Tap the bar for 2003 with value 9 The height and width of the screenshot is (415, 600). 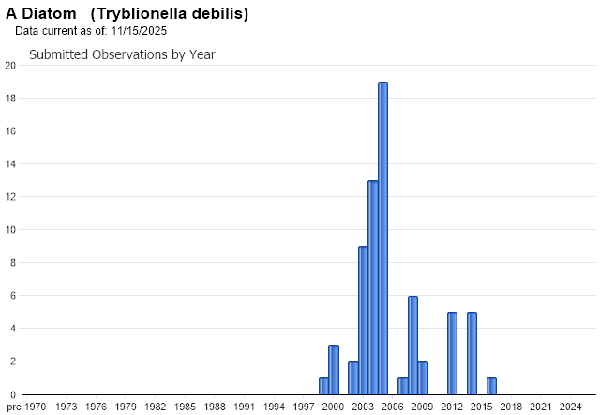[363, 319]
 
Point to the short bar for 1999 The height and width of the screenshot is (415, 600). [323, 386]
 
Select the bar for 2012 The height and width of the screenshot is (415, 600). [452, 353]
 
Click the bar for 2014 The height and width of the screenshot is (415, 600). [472, 353]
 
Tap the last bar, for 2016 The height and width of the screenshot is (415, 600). [491, 386]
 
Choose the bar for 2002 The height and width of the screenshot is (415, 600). [353, 377]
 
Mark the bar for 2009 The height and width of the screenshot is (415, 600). [423, 377]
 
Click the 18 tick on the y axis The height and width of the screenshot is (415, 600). [9, 99]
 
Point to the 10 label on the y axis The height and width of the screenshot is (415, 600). [9, 230]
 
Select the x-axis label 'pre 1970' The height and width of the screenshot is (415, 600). [26, 407]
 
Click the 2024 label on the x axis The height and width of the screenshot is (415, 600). [570, 407]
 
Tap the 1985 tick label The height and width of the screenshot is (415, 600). [185, 407]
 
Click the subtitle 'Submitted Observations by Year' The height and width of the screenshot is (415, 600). [122, 54]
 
